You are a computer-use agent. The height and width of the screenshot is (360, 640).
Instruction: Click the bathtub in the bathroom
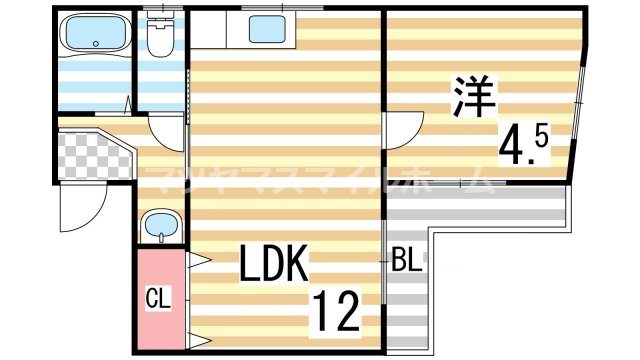click(x=94, y=36)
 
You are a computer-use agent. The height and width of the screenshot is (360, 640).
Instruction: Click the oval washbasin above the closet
click(x=159, y=227)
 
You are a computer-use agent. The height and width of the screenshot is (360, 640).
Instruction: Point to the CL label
click(x=157, y=297)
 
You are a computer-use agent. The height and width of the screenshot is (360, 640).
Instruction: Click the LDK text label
click(x=272, y=265)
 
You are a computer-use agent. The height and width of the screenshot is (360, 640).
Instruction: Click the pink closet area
click(x=158, y=297)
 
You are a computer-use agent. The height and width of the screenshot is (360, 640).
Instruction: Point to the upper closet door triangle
click(x=196, y=261)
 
